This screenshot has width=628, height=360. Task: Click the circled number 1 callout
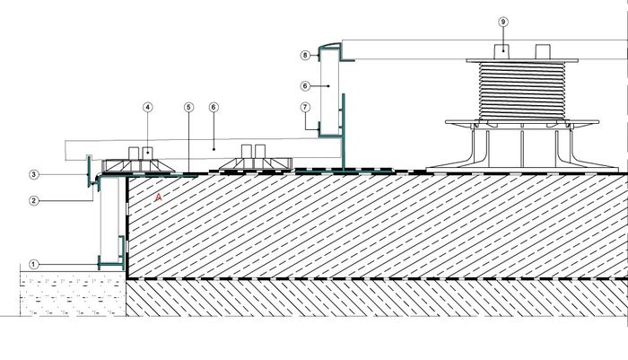(x=34, y=265)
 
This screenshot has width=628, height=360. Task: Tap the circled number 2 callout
(x=34, y=200)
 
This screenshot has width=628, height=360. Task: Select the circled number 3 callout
(x=34, y=174)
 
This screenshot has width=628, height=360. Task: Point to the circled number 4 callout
(x=148, y=107)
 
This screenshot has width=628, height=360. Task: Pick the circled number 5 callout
(x=188, y=107)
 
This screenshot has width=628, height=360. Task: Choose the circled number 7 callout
(x=305, y=107)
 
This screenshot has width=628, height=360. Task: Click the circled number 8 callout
(x=305, y=55)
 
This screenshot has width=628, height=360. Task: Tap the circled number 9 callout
(x=503, y=22)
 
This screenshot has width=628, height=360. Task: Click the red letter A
(x=159, y=197)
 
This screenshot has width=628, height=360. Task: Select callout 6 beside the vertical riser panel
(x=305, y=86)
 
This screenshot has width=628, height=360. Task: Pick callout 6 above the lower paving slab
(x=214, y=107)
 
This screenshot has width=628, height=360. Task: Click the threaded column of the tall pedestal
(x=522, y=91)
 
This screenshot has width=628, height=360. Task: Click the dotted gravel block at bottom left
(x=73, y=294)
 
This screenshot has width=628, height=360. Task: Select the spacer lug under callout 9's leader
(x=502, y=52)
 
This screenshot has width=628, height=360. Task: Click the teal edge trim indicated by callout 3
(x=89, y=171)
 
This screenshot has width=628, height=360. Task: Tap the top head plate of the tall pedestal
(x=522, y=61)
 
